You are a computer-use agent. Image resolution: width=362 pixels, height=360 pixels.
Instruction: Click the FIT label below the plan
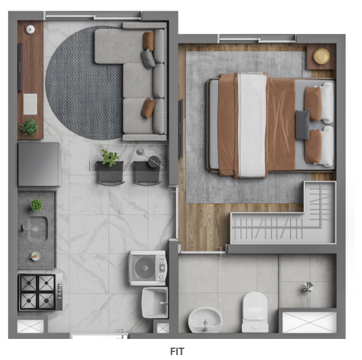[177, 351]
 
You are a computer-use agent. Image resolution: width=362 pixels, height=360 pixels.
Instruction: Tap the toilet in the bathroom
[255, 312]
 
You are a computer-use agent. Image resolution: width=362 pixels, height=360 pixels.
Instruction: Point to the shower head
[308, 287]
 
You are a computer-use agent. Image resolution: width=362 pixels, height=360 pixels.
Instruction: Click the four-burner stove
[37, 292]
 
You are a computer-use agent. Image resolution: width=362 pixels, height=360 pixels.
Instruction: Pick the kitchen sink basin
[35, 228]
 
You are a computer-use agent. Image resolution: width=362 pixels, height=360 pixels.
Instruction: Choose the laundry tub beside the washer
[154, 302]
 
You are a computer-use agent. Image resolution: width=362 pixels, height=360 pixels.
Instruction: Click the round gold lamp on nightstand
[321, 56]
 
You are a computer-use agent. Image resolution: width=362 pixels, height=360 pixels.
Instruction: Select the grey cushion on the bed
[302, 125]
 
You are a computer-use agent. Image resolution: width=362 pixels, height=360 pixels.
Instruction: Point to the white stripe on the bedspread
[252, 124]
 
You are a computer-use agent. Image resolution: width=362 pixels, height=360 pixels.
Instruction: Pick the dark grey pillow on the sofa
[148, 58]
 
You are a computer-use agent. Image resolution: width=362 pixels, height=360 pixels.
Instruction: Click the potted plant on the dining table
[110, 157]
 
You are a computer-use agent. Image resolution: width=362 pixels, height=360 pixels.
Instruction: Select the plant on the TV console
[29, 127]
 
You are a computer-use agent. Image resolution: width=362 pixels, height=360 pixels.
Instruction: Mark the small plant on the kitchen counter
[37, 204]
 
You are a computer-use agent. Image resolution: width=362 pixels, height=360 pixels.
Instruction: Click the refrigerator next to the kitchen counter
[38, 164]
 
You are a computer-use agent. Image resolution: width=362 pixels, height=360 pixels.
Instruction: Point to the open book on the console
[30, 103]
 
